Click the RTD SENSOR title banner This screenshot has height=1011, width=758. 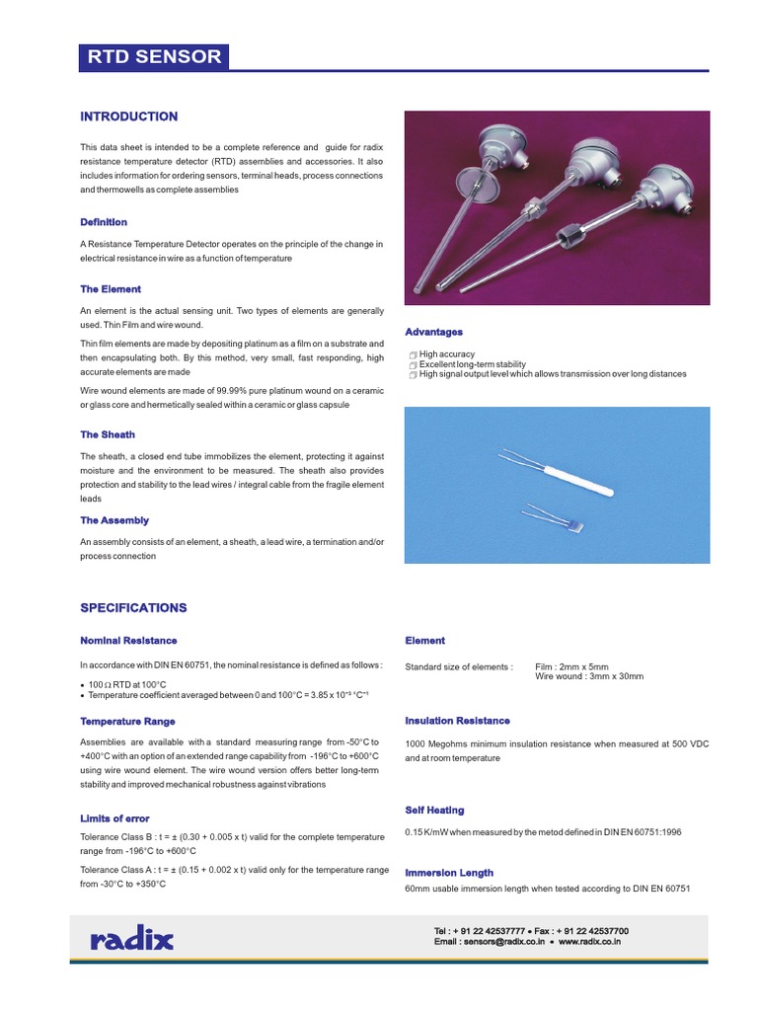click(x=154, y=56)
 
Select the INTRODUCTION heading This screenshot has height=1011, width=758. click(x=128, y=117)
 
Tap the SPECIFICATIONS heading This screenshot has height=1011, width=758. click(x=133, y=608)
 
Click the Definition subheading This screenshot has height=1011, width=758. click(x=104, y=222)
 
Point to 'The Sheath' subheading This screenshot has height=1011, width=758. click(x=108, y=434)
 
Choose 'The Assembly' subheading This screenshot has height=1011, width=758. click(x=114, y=520)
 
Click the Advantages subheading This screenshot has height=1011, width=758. click(x=434, y=332)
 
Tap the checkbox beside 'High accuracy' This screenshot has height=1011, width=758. click(x=413, y=354)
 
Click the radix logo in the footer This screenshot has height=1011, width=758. click(x=131, y=939)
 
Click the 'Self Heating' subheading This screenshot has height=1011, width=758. click(x=434, y=811)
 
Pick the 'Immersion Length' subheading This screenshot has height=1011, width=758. click(x=449, y=873)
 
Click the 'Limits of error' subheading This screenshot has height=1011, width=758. click(x=114, y=818)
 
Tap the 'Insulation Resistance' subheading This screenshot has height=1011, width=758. click(x=457, y=721)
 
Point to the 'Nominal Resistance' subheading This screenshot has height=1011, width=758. click(x=128, y=641)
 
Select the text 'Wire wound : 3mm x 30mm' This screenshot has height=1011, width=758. click(x=589, y=676)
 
